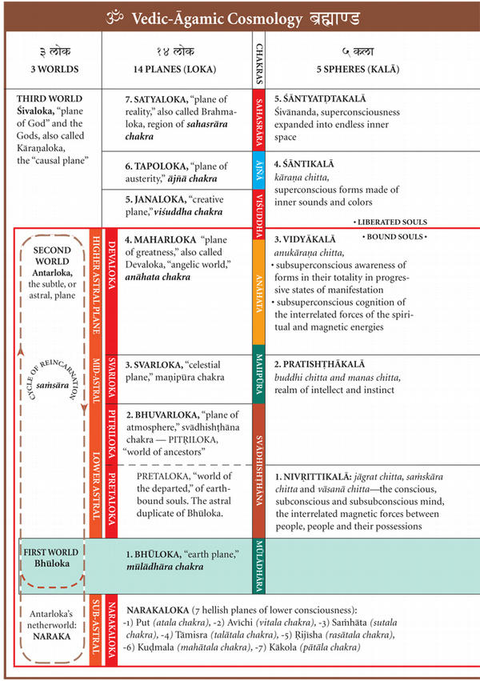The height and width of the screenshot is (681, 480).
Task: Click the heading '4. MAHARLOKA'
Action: click(160, 240)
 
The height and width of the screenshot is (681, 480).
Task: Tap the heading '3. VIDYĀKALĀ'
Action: click(304, 239)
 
